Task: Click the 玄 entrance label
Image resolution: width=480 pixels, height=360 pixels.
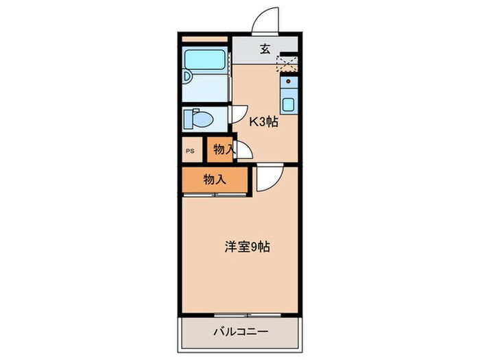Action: point(264,49)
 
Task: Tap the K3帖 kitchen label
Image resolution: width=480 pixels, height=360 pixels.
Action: point(263,123)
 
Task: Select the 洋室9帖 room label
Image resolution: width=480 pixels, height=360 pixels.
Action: point(248,246)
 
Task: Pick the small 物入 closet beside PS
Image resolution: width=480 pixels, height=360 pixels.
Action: point(221,149)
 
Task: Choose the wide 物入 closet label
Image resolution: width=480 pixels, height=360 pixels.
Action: point(215,180)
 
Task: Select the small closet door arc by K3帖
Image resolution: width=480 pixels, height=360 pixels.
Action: point(243,151)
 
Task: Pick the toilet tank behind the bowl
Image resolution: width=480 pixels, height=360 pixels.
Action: point(187,118)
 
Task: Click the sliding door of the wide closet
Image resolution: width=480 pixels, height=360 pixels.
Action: point(214,195)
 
